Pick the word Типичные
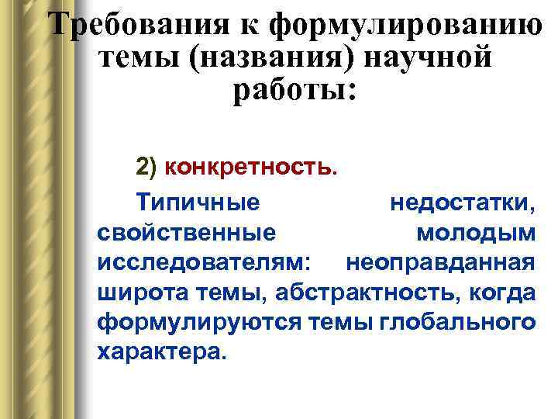(198, 203)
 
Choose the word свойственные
(186, 233)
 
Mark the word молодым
(474, 233)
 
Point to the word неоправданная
(439, 262)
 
